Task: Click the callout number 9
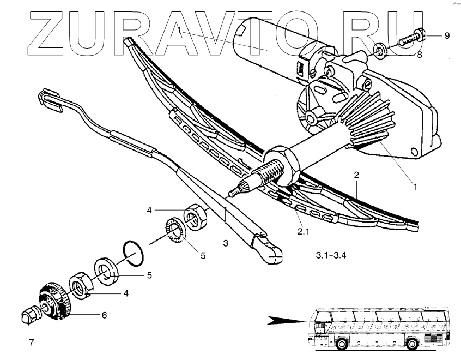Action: pos(447,36)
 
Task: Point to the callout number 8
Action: pos(419,54)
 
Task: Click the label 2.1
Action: pos(303,231)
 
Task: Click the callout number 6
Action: pos(104,315)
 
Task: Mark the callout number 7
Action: pos(32,343)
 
